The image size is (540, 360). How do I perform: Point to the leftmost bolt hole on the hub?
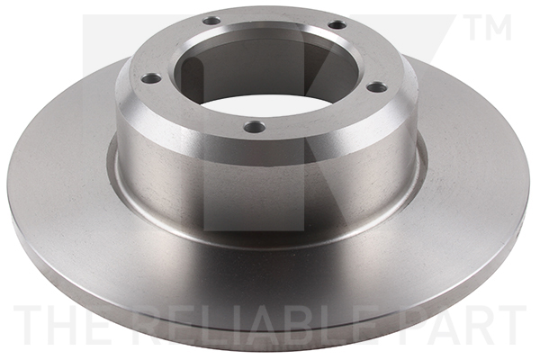[x=151, y=78]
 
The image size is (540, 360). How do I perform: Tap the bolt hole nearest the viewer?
[x=256, y=127]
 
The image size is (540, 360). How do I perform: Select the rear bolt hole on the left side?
[x=211, y=20]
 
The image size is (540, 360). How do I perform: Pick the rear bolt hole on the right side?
[x=337, y=24]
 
